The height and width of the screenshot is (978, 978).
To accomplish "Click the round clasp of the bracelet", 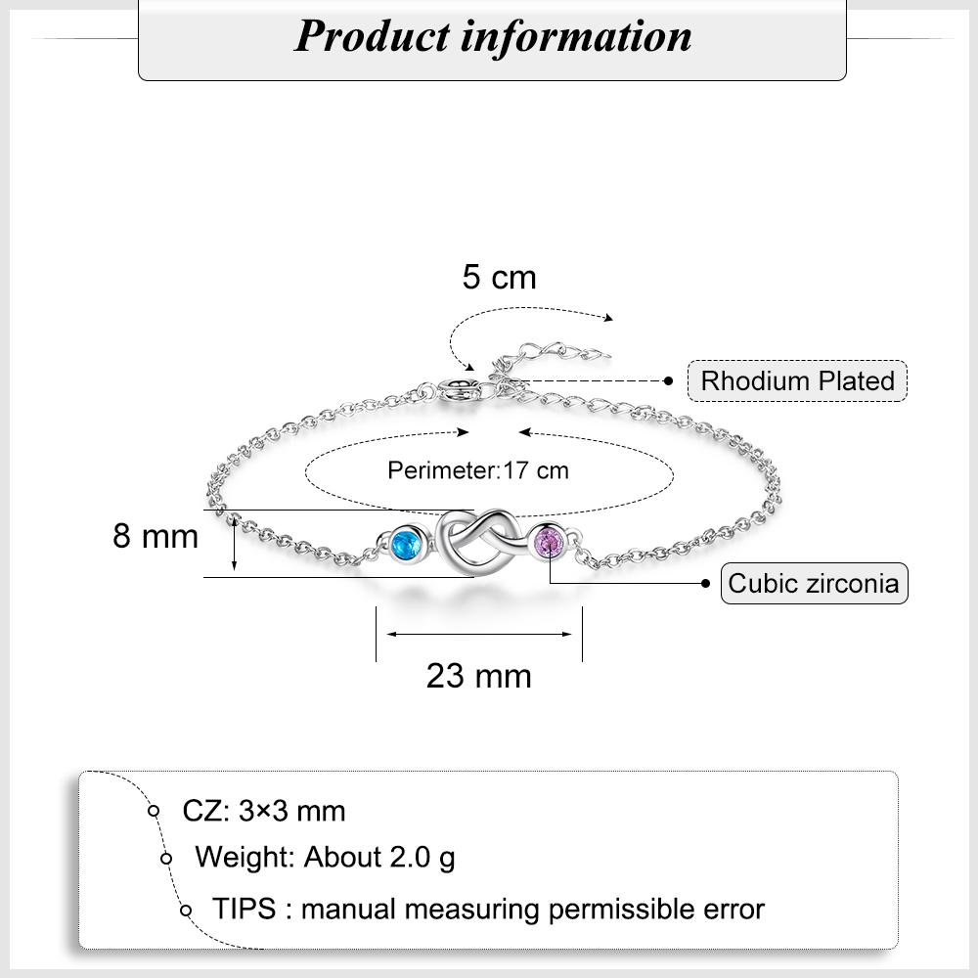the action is click(460, 390).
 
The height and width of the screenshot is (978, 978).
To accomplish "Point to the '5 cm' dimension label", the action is click(499, 278).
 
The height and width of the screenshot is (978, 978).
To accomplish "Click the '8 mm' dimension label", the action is click(156, 536).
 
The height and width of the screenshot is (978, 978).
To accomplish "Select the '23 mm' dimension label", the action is click(478, 676).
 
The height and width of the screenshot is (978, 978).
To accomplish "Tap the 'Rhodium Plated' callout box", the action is click(797, 380).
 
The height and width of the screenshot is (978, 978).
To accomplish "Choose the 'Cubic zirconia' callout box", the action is click(814, 583).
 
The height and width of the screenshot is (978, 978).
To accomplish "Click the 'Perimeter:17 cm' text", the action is click(478, 470).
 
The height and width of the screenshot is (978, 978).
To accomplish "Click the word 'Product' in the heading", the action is click(372, 36).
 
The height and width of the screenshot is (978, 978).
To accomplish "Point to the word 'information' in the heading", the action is click(576, 36).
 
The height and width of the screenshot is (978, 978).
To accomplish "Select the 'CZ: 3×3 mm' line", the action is click(263, 812).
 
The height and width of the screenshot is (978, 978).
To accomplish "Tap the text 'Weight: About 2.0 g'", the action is click(325, 858).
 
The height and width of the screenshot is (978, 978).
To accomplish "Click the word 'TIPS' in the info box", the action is click(244, 909).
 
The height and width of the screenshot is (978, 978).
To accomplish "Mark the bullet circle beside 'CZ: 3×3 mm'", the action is click(154, 811).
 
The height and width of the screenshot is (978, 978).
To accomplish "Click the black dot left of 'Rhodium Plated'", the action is click(669, 380).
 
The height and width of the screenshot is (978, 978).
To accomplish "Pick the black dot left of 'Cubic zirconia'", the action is click(705, 583).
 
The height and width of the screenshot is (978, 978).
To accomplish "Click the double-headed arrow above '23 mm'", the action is click(479, 635).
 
